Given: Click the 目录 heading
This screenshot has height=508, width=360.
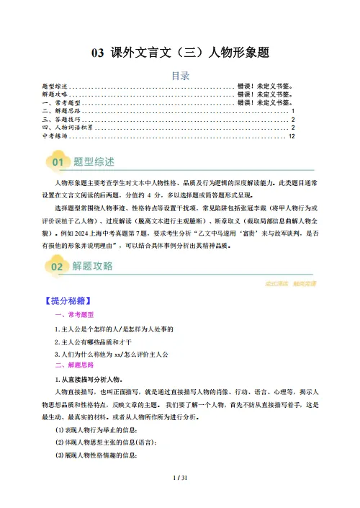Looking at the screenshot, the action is point(179,74).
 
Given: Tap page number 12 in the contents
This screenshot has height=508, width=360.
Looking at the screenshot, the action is point(291,135).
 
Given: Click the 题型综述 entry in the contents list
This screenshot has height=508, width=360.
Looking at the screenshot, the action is point(57,86).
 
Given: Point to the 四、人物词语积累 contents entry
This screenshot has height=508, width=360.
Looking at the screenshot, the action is point(71,127).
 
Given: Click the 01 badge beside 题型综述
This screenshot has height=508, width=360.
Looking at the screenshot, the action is point(57,159).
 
